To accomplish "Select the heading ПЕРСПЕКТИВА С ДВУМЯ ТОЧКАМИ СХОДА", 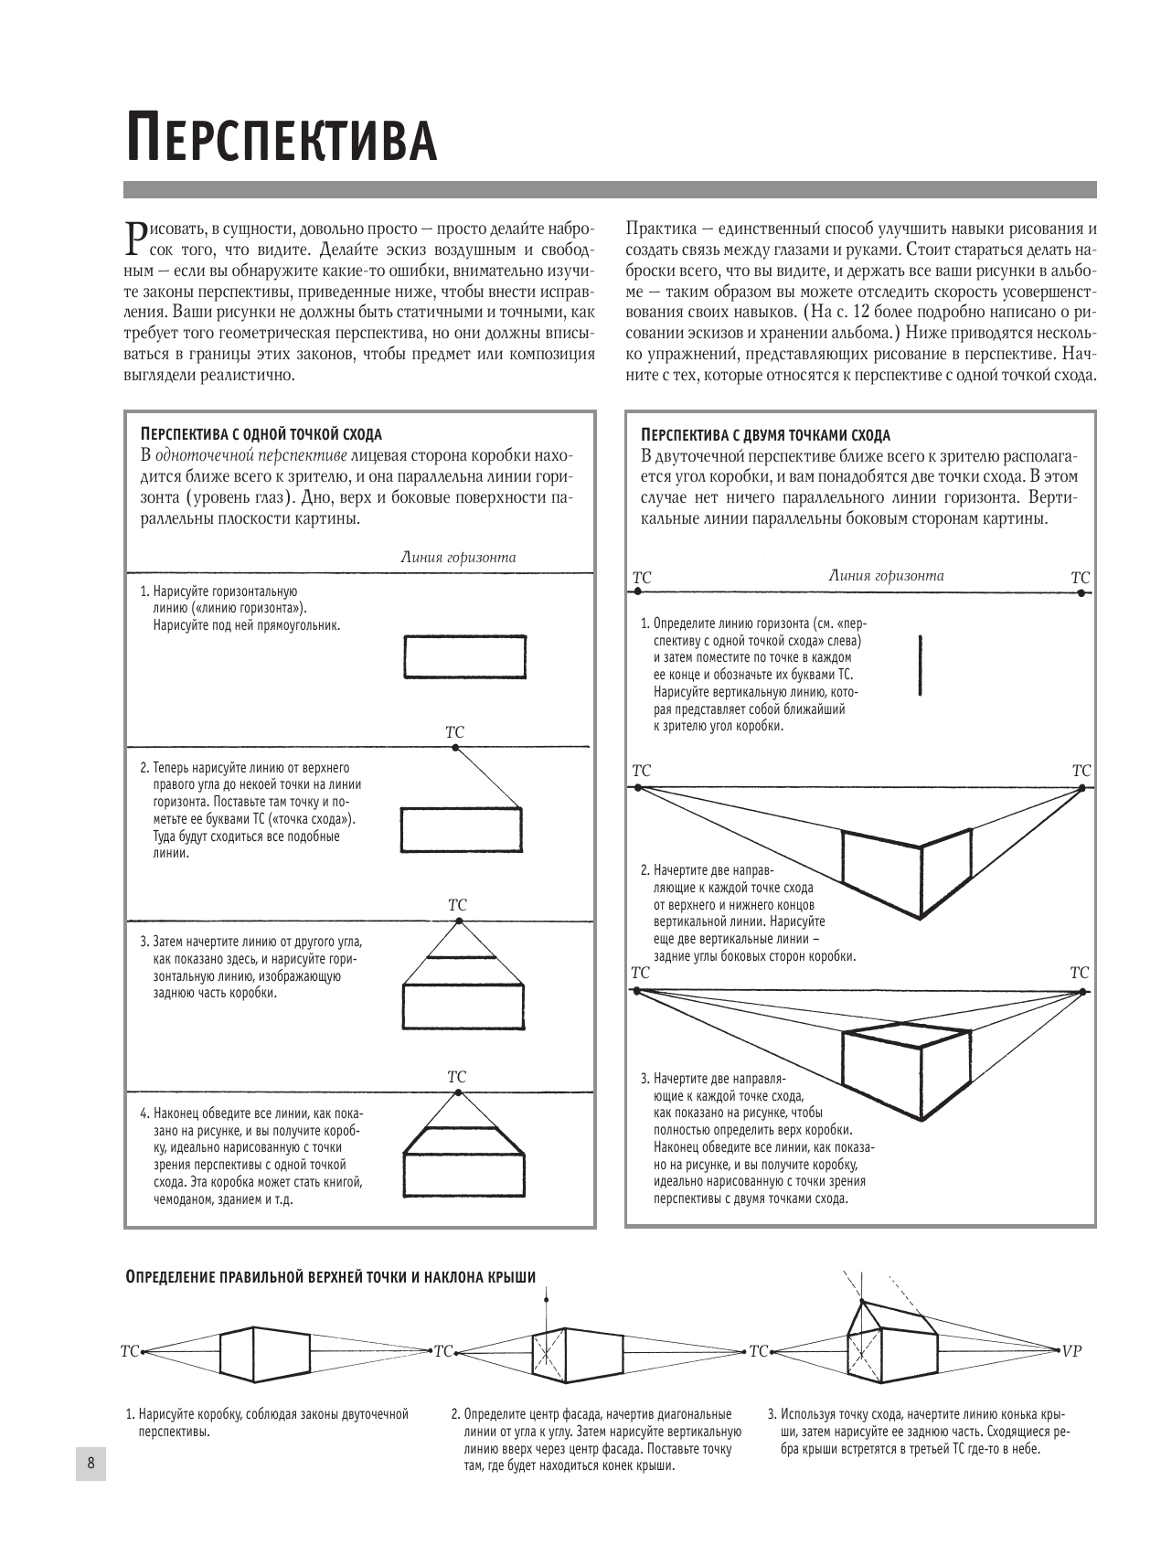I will click(x=765, y=435).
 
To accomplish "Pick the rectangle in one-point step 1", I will click(x=464, y=657).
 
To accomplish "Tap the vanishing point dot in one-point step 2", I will click(x=455, y=748).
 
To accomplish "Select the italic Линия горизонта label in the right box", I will click(x=886, y=576).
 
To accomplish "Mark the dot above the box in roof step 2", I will click(x=546, y=1299).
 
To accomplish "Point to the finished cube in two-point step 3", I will click(x=905, y=1070).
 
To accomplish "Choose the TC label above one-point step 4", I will click(x=457, y=1077).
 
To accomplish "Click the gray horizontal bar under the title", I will click(x=610, y=190).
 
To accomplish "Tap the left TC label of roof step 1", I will click(x=130, y=1350).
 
